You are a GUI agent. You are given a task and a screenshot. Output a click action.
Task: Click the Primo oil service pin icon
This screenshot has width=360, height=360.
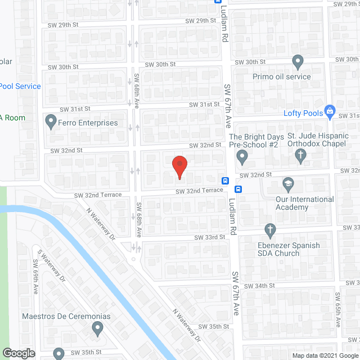298,61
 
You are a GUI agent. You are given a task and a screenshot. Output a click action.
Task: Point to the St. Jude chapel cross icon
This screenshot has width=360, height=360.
300,156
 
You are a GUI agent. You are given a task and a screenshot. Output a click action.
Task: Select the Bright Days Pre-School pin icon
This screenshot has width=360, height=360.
242,156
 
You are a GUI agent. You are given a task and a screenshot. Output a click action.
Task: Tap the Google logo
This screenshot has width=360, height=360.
19,353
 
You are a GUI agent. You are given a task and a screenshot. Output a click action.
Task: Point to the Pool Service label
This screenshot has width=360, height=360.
20,86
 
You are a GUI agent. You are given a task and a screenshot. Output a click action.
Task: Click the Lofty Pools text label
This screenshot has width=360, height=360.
304,112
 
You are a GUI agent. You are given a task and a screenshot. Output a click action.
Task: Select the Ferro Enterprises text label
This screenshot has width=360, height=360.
89,123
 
